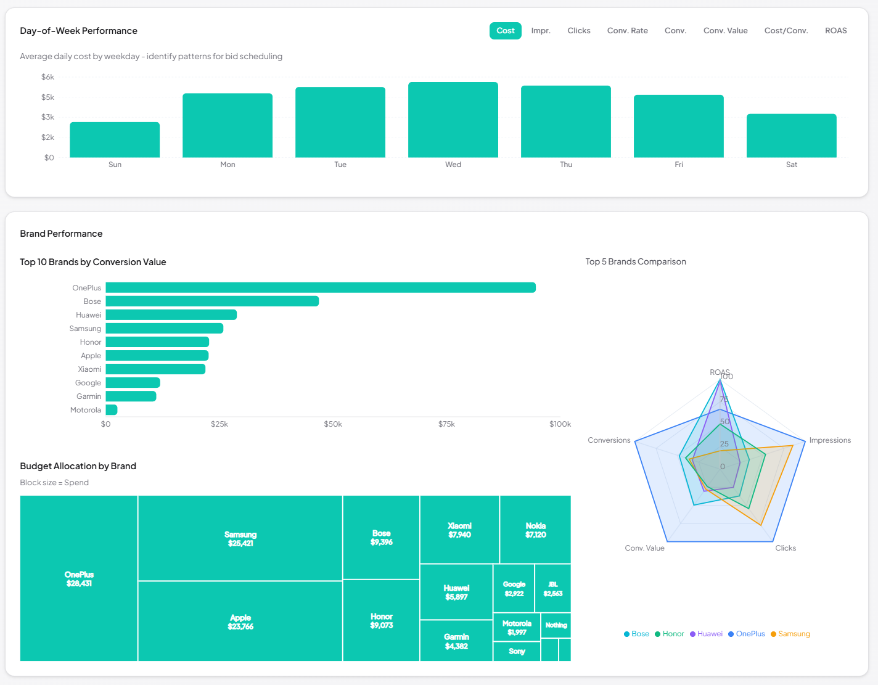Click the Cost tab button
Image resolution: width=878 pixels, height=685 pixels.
pyautogui.click(x=505, y=31)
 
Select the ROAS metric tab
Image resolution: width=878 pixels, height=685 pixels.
pyautogui.click(x=835, y=31)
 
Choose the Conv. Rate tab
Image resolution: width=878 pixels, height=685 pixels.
pyautogui.click(x=627, y=31)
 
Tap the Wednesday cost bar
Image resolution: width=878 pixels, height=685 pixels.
pyautogui.click(x=453, y=120)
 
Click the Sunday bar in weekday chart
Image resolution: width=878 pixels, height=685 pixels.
pyautogui.click(x=115, y=140)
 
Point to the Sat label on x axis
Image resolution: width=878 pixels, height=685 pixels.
pyautogui.click(x=791, y=165)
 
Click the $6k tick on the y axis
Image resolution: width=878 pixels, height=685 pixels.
pyautogui.click(x=47, y=77)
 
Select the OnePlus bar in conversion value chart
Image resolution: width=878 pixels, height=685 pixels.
pyautogui.click(x=321, y=288)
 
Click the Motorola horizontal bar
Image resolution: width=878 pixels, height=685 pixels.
pyautogui.click(x=112, y=410)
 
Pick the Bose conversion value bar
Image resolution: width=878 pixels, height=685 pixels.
pyautogui.click(x=212, y=301)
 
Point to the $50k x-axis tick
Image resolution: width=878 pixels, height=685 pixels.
pyautogui.click(x=333, y=424)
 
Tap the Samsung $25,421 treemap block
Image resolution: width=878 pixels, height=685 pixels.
pyautogui.click(x=240, y=538)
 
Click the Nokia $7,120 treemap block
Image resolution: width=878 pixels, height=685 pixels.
pyautogui.click(x=535, y=530)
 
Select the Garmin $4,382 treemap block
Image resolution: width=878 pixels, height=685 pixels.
pyautogui.click(x=456, y=641)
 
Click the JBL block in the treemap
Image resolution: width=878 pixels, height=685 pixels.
pyautogui.click(x=552, y=589)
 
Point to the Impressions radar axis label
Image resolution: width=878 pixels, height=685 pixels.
pyautogui.click(x=829, y=440)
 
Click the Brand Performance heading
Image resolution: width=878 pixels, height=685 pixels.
pyautogui.click(x=61, y=234)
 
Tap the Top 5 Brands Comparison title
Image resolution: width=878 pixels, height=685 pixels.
pyautogui.click(x=635, y=262)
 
